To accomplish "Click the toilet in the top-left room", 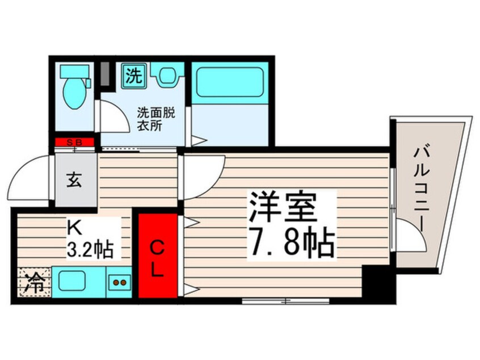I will point(74,87).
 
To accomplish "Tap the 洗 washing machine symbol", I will point(134,74).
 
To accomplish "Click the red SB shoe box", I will point(76,143).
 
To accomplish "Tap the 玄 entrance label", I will point(75,181).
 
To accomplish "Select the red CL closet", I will point(158,256).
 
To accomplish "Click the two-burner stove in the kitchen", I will point(120,281).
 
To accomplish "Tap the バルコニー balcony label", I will point(421,187).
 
